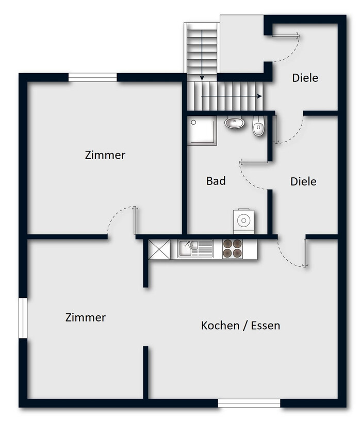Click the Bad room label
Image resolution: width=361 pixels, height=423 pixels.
[216, 181]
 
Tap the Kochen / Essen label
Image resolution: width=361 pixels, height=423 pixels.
[240, 325]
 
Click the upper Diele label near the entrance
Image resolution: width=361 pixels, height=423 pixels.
[305, 78]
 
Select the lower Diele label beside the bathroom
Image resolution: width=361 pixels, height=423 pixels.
[303, 181]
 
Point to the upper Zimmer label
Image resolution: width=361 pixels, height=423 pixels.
[105, 155]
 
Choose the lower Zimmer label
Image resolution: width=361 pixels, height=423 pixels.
[85, 317]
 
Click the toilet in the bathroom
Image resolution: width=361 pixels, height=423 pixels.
[258, 126]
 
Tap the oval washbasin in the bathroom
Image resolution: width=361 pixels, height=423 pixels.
[234, 123]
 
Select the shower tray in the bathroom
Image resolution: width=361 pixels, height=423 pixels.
[202, 131]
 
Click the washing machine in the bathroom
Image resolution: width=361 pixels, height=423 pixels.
[243, 221]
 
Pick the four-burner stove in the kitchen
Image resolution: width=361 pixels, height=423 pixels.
[233, 249]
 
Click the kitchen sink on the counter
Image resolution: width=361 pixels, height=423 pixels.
[195, 248]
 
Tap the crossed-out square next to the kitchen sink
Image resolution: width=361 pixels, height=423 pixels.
[159, 249]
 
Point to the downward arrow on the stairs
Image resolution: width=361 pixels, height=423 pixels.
[202, 55]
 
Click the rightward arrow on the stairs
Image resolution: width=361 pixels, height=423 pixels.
[232, 96]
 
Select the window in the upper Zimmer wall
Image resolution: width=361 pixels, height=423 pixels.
[93, 77]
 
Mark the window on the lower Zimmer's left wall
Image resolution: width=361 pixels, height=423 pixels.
[23, 318]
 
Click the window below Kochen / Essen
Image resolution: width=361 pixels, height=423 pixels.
[249, 403]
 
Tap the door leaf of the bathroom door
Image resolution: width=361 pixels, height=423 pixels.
[254, 162]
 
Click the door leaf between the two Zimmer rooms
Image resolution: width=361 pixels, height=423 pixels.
[136, 221]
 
